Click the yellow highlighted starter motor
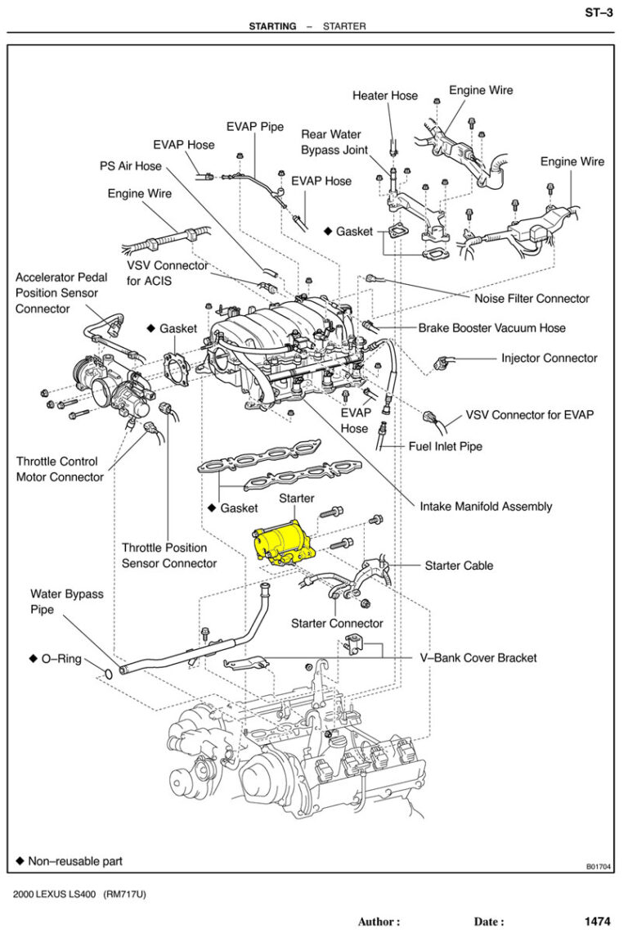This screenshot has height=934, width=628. (x=283, y=541)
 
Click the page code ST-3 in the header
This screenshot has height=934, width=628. (x=599, y=11)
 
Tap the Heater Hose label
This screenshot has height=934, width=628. (x=384, y=96)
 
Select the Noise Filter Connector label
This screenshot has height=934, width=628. (x=532, y=299)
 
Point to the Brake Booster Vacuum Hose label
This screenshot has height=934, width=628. (x=491, y=328)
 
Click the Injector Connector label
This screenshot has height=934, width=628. (x=549, y=358)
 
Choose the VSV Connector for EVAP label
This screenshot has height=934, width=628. (x=529, y=415)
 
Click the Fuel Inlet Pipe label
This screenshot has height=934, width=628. (x=445, y=447)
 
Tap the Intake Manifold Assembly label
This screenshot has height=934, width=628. (x=486, y=507)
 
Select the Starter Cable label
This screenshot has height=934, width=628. (x=459, y=566)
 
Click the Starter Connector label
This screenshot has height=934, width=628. (x=337, y=624)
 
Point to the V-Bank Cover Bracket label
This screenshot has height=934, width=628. (x=478, y=658)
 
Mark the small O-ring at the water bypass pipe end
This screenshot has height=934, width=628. (x=108, y=674)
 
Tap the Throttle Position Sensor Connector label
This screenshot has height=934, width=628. (x=169, y=556)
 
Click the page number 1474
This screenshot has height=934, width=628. (x=597, y=921)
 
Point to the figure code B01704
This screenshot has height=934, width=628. (x=599, y=866)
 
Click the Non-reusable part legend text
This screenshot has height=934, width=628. (x=75, y=861)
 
